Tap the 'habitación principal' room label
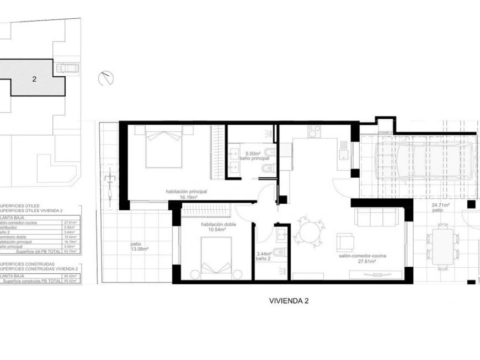pyautogui.click(x=186, y=192)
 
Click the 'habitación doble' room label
pyautogui.click(x=218, y=225)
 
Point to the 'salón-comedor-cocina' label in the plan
pyautogui.click(x=362, y=256)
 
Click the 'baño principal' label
pyautogui.click(x=254, y=158)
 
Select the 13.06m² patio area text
pyautogui.click(x=139, y=249)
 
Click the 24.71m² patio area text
pyautogui.click(x=440, y=205)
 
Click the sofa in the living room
pyautogui.click(x=377, y=216)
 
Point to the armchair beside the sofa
pyautogui.click(x=346, y=242)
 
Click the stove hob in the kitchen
pyautogui.click(x=314, y=131)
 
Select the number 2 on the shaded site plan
pyautogui.click(x=34, y=79)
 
